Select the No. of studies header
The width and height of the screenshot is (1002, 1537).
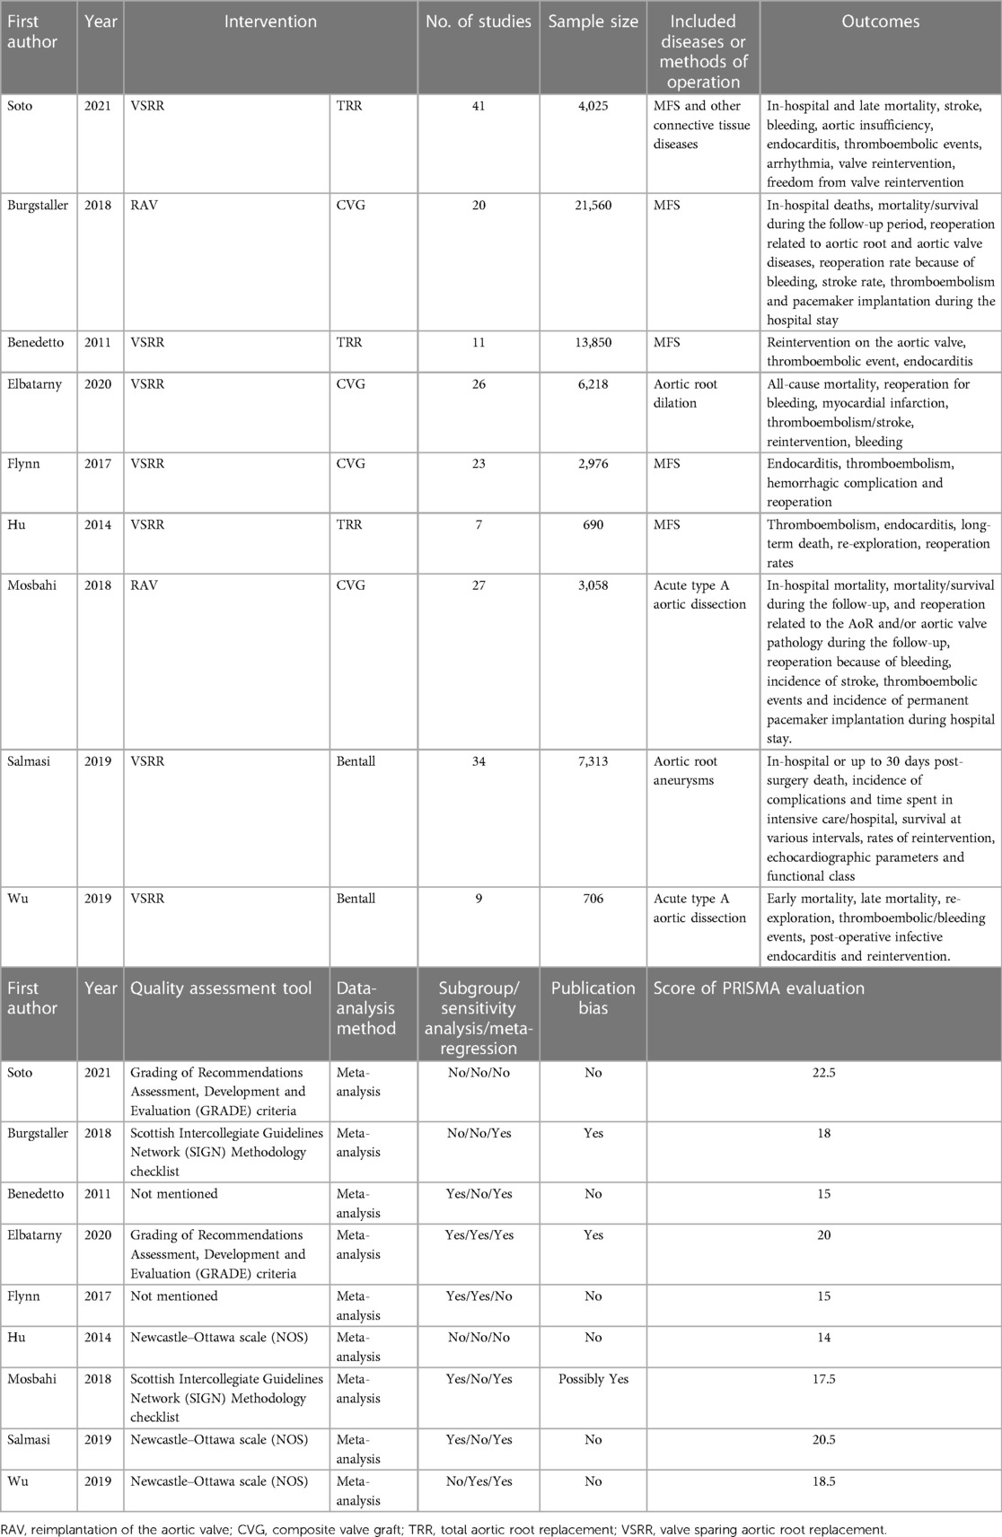(479, 22)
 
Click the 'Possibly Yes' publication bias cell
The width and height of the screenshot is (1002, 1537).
(593, 1379)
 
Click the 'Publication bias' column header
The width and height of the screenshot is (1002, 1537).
(593, 997)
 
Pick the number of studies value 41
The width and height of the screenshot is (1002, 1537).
(479, 106)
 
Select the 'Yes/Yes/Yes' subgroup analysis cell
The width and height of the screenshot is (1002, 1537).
(479, 1235)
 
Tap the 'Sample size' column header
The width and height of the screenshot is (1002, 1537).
(593, 22)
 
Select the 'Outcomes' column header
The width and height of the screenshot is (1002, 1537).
(880, 22)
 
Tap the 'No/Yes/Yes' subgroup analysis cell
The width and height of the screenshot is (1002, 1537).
(479, 1480)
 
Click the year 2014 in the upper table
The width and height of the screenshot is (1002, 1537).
(97, 524)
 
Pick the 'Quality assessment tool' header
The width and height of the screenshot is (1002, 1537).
(221, 988)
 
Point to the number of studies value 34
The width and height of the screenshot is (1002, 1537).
(479, 761)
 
